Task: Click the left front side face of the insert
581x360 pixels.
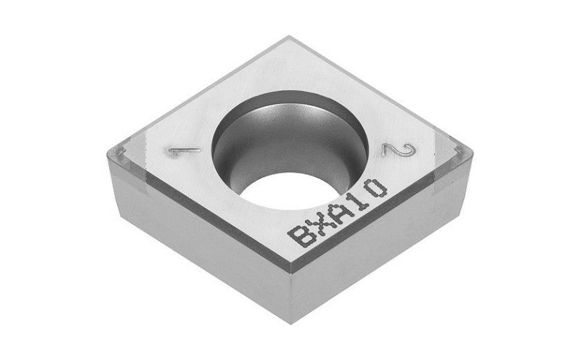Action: pyautogui.click(x=196, y=240)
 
